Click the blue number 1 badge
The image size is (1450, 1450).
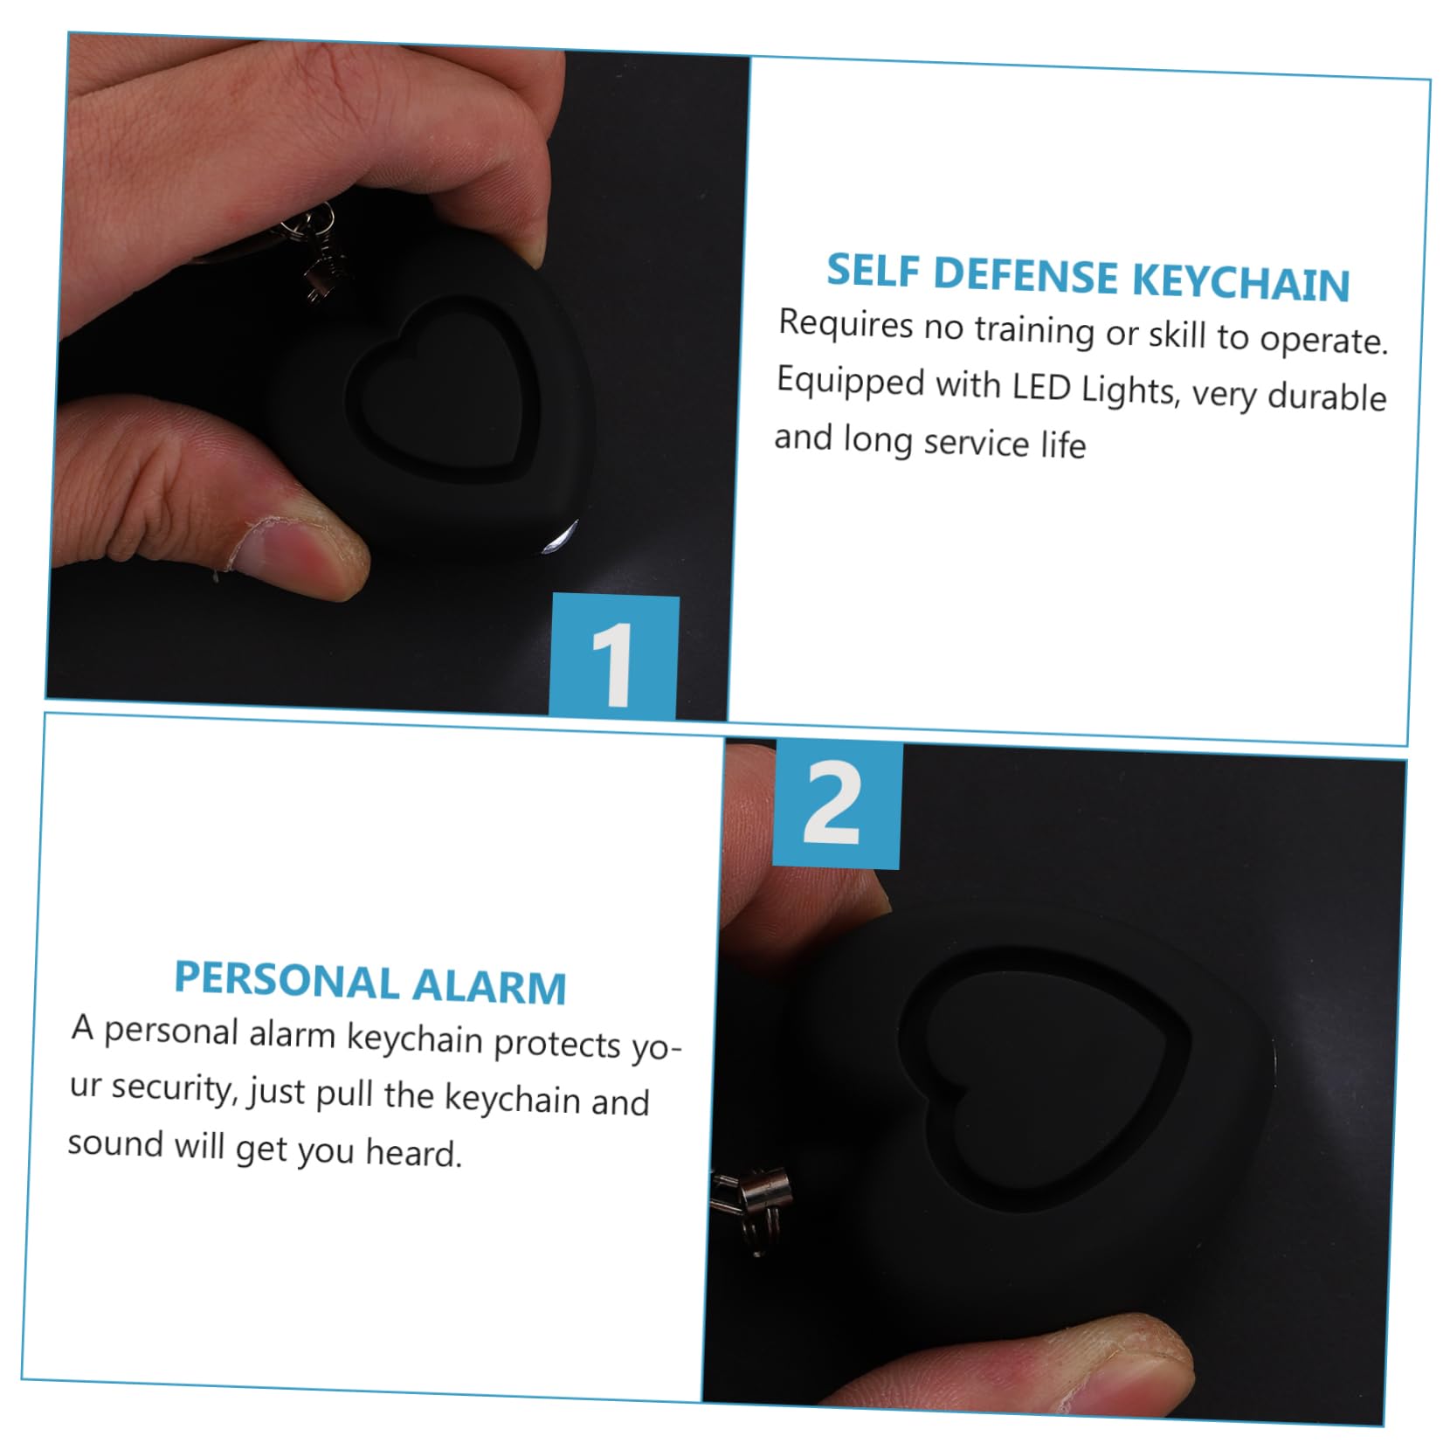click(614, 657)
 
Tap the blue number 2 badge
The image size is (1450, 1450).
click(837, 804)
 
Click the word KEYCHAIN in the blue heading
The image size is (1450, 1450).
click(1241, 281)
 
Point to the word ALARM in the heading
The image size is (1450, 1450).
click(489, 985)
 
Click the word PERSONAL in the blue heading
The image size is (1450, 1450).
click(287, 979)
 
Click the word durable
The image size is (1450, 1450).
click(1327, 396)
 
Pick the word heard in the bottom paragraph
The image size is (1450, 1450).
click(413, 1153)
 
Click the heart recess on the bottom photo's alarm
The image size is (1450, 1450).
click(1045, 1074)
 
